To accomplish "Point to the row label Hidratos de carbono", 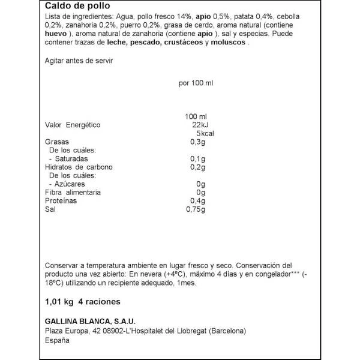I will click(79, 167).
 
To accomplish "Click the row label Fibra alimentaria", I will click(73, 192).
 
